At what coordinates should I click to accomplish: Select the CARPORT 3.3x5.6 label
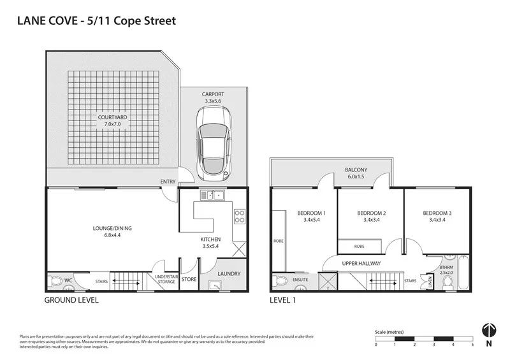point(213,97)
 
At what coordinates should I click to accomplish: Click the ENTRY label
point(168,182)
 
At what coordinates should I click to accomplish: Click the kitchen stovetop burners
point(240,217)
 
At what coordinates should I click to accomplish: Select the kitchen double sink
point(212,195)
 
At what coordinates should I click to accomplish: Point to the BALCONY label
point(356,170)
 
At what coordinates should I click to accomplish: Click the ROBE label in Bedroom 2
point(359,245)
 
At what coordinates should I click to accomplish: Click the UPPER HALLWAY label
point(361,263)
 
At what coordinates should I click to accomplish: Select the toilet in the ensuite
point(280,280)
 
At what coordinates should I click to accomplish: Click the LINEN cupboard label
point(430,281)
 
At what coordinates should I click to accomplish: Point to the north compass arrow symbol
point(488,329)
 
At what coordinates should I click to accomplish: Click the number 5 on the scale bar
point(472,345)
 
